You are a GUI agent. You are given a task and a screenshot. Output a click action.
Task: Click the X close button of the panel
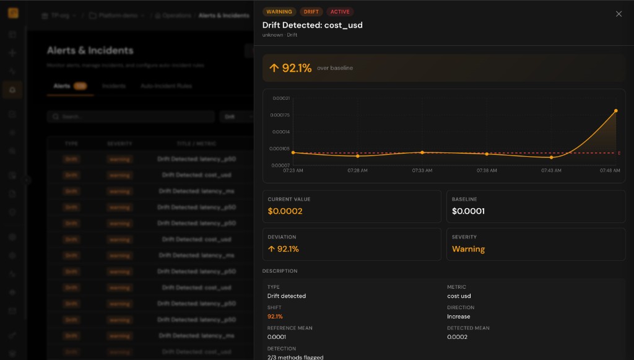[x=619, y=14]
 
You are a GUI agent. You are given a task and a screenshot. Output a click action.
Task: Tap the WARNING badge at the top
[x=279, y=12]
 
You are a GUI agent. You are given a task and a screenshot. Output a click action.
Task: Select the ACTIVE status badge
[x=340, y=12]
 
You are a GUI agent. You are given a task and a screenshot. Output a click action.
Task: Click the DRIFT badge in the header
[x=311, y=12]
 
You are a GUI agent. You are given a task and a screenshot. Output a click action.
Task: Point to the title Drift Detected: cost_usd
[x=313, y=25]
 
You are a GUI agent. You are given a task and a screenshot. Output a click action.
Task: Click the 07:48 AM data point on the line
[x=616, y=111]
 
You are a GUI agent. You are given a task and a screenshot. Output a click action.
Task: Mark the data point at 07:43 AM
[x=551, y=157]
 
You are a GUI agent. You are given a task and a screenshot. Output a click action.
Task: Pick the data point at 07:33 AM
[x=422, y=152]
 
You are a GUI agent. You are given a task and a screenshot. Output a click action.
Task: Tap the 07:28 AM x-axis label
[x=357, y=170]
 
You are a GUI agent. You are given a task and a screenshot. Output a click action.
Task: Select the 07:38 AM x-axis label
[x=487, y=170]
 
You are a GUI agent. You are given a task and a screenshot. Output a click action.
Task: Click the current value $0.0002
[x=285, y=211]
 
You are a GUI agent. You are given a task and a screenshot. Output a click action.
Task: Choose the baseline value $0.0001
[x=468, y=211]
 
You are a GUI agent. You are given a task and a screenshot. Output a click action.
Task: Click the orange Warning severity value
[x=468, y=249]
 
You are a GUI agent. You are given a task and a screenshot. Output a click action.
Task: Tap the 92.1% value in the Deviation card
[x=284, y=249]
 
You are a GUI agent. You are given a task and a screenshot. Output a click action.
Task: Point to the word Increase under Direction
[x=459, y=317]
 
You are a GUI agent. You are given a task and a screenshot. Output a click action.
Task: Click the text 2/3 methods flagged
[x=295, y=357]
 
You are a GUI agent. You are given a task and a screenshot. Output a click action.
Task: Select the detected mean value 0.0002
[x=458, y=337]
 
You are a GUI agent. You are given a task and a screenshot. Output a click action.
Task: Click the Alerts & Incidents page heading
[x=90, y=51]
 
